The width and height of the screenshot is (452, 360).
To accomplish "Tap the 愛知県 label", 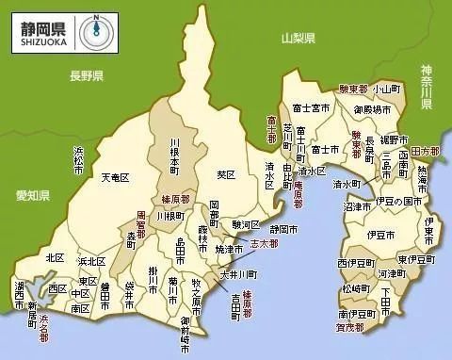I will pos(32,195).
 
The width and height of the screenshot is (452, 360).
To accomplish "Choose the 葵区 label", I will pos(225,174).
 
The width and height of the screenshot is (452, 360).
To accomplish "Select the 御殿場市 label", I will pos(372,108).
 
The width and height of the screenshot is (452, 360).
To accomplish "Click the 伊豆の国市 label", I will pos(395,201).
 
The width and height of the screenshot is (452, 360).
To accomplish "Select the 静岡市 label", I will pos(284,229).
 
